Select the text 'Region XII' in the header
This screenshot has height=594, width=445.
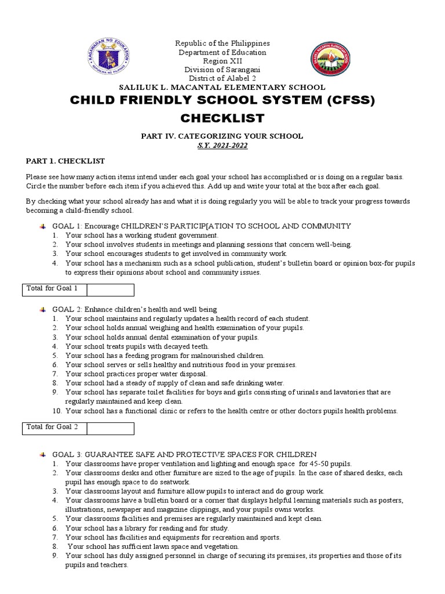[222, 61]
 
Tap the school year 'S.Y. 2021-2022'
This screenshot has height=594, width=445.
[222, 146]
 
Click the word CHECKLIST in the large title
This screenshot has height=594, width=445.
[222, 119]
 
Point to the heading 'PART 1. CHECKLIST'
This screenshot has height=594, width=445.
[65, 161]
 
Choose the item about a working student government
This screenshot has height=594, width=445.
[141, 236]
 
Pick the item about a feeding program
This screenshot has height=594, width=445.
[165, 356]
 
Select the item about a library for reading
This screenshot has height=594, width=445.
[147, 528]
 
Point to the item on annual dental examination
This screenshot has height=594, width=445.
[162, 337]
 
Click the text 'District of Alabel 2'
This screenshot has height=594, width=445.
[222, 78]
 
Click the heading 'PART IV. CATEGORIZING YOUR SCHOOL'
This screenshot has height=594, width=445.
[222, 136]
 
